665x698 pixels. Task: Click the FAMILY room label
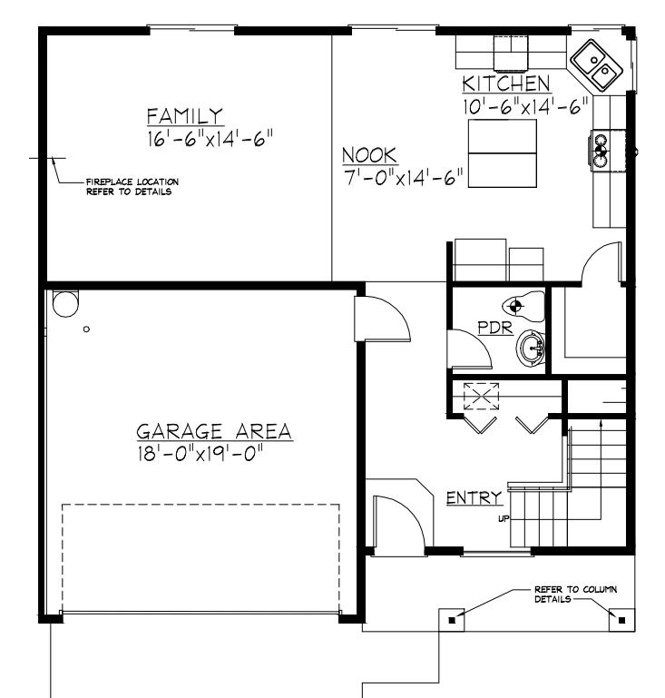(x=184, y=116)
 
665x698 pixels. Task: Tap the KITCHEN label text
(x=506, y=84)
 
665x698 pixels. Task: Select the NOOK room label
(x=369, y=155)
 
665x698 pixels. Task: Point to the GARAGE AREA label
(x=214, y=431)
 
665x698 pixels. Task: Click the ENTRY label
(x=474, y=497)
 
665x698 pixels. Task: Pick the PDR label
(x=495, y=328)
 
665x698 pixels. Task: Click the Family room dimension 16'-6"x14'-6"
(x=210, y=139)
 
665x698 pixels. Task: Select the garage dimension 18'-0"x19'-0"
(x=200, y=454)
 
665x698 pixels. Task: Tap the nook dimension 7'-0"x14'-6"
(x=403, y=178)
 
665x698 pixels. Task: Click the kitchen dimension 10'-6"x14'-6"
(x=525, y=107)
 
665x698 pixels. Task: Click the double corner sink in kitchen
(x=596, y=65)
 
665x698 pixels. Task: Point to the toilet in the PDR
(x=523, y=306)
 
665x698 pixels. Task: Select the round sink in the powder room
(x=531, y=349)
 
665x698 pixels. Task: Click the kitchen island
(x=503, y=153)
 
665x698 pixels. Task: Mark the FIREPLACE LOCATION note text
(x=132, y=187)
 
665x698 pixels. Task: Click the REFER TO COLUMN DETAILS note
(x=575, y=594)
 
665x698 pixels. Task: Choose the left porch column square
(x=452, y=620)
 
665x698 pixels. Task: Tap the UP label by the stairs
(x=504, y=518)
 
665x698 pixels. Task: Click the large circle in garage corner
(x=65, y=304)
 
